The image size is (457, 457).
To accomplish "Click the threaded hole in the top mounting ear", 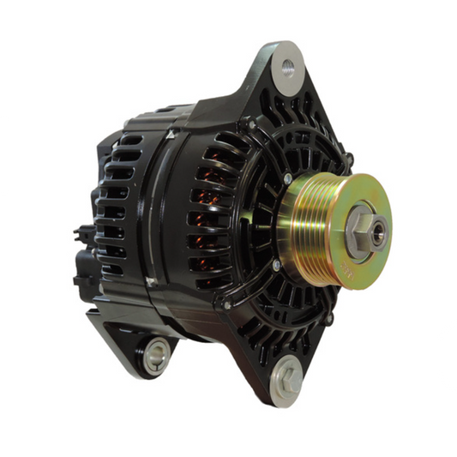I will pos(288,68).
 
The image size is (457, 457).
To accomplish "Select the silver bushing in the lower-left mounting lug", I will pos(155,354).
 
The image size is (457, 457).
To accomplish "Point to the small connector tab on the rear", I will pos(81,232).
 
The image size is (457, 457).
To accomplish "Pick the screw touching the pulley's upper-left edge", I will pos(287,179).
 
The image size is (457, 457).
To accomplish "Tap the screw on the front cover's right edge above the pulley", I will pos(348,159).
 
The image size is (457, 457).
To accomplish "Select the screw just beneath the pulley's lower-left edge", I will pos(276,266).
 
